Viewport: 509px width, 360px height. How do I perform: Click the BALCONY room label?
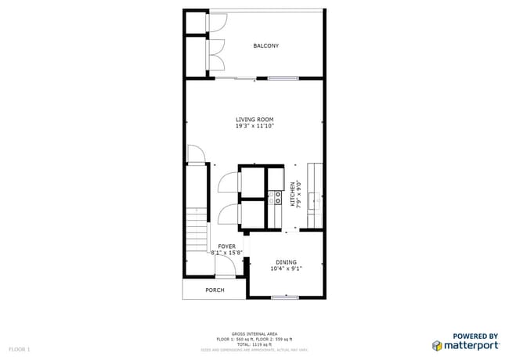coord(265,46)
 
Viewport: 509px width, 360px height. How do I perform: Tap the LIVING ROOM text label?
coord(254,120)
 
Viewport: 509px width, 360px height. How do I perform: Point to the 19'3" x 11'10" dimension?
coord(254,126)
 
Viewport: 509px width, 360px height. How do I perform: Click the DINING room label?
coord(286,262)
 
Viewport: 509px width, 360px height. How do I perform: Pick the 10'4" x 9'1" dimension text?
coord(286,268)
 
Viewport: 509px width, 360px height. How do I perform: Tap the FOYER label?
coord(226,247)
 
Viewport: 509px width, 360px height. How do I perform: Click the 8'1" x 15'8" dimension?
coord(227,253)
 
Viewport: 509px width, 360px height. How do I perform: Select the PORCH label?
coord(215,290)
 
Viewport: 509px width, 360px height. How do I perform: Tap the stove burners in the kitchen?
coord(276,196)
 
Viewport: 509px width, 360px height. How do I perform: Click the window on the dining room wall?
coord(284,297)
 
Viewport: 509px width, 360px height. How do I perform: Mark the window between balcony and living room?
coord(283,77)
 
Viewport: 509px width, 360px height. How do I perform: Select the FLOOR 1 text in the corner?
coord(20,348)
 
